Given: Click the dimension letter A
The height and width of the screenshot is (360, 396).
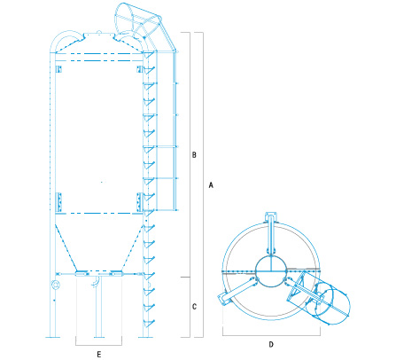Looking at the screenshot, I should (211, 185).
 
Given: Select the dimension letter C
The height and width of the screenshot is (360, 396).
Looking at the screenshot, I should (193, 308).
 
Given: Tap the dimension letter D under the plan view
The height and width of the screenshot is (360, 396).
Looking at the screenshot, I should (271, 343).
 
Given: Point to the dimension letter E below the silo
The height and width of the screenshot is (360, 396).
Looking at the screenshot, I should (99, 353).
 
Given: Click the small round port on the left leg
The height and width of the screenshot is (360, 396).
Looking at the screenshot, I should (58, 285).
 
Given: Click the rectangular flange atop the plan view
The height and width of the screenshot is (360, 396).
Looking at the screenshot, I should (271, 215).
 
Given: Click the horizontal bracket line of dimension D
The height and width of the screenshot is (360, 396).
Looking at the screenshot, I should (271, 335).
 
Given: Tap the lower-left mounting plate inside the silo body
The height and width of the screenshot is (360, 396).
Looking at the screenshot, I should (58, 203).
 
